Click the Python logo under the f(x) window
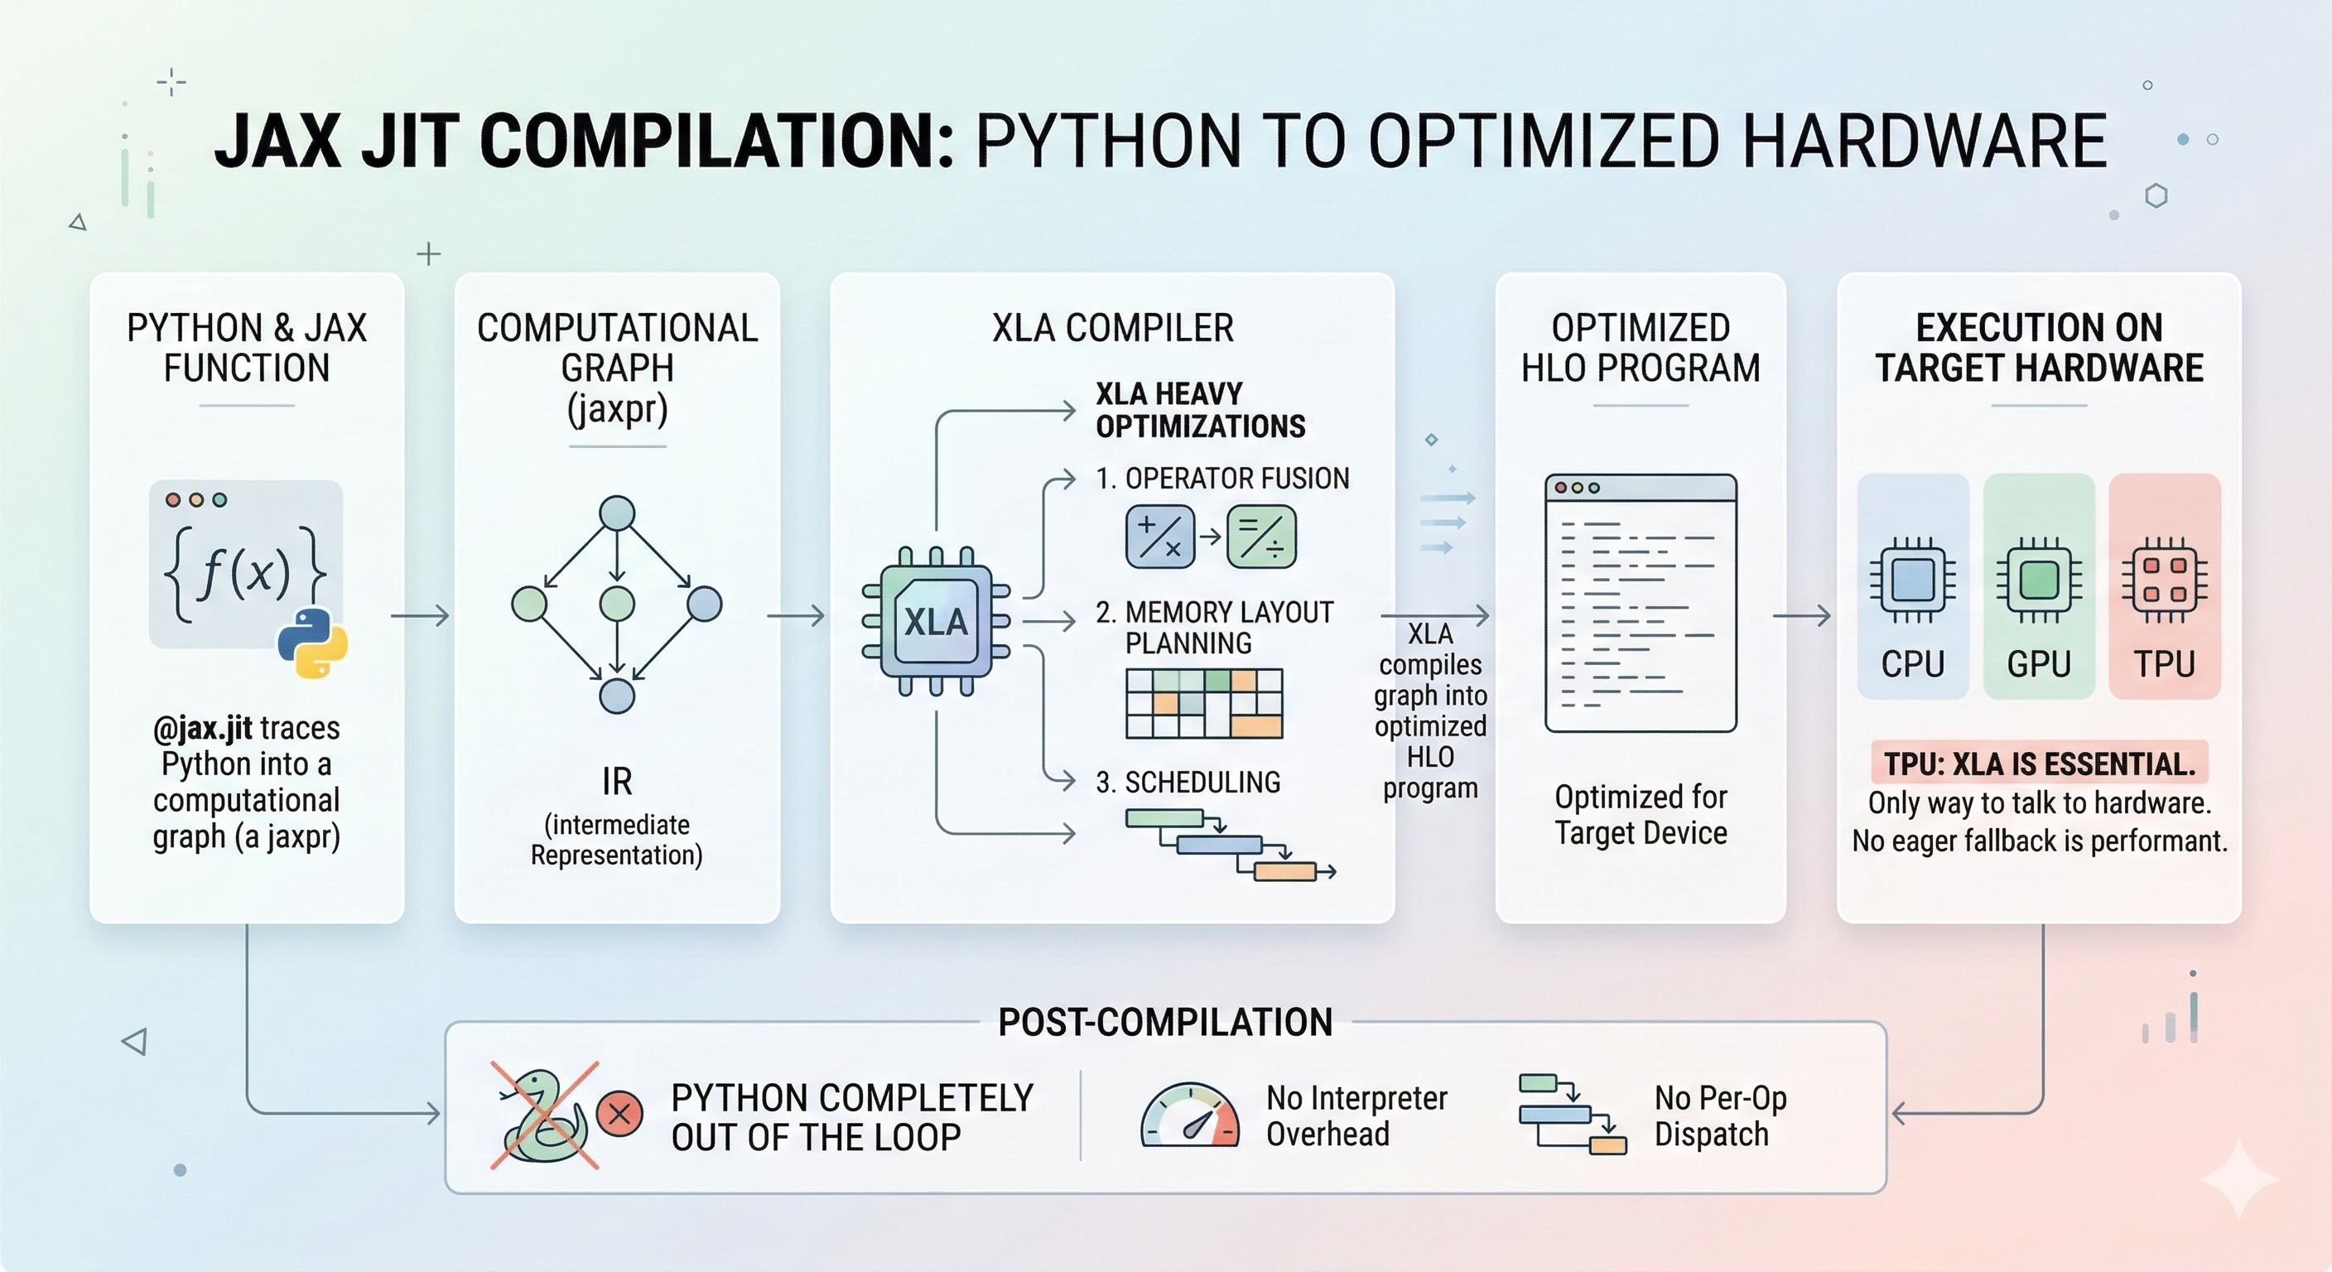click(312, 643)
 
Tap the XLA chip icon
click(936, 621)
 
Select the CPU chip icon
click(1912, 581)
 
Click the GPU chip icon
click(2039, 581)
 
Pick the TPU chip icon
click(2165, 581)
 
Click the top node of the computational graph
click(618, 513)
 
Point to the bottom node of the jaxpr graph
click(618, 696)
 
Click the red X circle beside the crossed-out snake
click(620, 1114)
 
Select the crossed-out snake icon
click(544, 1115)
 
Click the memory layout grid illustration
click(1204, 703)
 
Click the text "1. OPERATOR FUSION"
click(1222, 478)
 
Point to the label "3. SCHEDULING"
click(1188, 783)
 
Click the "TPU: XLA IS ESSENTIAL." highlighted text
click(2040, 764)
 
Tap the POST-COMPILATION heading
click(1165, 1022)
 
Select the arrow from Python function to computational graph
click(420, 615)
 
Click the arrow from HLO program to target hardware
click(1801, 615)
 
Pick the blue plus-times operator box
click(1159, 536)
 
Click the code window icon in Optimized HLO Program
click(1641, 603)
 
